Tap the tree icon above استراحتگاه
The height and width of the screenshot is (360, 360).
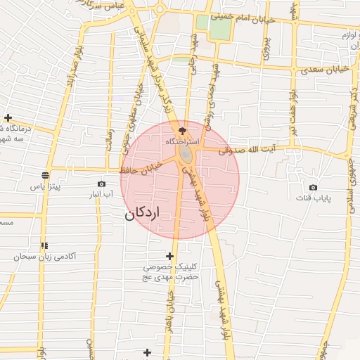pos(183,130)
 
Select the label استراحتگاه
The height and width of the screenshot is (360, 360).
pos(183,141)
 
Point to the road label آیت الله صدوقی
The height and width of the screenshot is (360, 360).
pos(245,150)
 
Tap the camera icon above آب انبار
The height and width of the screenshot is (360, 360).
pos(102,184)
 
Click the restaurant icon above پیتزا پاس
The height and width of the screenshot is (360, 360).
pos(46,175)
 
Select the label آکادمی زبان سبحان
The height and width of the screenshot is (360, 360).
pos(44,257)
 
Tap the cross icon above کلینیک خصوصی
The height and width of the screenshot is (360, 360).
pos(169,256)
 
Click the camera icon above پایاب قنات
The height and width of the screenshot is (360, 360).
pos(313,188)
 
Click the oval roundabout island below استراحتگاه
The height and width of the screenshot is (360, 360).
pos(184,153)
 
